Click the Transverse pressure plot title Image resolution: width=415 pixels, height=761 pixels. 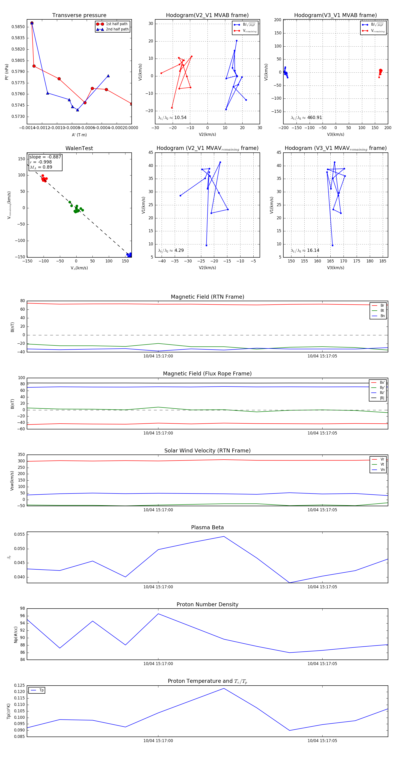coord(79,15)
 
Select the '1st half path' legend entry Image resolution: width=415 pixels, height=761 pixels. coord(116,24)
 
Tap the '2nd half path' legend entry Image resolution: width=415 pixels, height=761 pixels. coord(117,29)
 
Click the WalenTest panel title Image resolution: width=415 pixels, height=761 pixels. coord(79,148)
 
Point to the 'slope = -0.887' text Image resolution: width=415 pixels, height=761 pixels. coord(45,157)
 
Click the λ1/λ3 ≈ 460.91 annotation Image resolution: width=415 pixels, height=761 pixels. coord(306,118)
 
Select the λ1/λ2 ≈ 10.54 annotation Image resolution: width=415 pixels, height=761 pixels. coord(172,118)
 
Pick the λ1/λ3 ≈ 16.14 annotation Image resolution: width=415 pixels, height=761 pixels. coord(305,250)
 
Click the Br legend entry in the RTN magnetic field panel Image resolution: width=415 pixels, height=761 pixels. coord(382,306)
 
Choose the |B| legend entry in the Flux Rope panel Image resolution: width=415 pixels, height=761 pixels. coord(382,398)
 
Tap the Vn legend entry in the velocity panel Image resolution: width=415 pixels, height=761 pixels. coord(382,470)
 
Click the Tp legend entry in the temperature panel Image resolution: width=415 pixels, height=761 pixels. coord(41,690)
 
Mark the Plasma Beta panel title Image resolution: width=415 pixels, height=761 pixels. coord(207,528)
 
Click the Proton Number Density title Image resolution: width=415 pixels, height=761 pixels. coord(207,604)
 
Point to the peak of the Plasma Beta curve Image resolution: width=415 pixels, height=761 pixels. coord(224,536)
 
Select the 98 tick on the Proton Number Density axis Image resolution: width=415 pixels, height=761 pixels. coord(22,609)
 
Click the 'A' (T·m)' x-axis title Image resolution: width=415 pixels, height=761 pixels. coord(79,135)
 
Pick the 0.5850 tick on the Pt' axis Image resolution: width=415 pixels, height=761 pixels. coord(18,27)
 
